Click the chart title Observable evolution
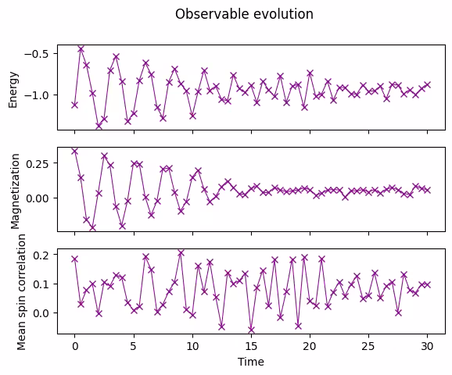[244, 14]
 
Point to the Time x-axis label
[251, 362]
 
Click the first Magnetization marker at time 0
[75, 151]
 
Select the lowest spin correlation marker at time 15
[251, 329]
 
